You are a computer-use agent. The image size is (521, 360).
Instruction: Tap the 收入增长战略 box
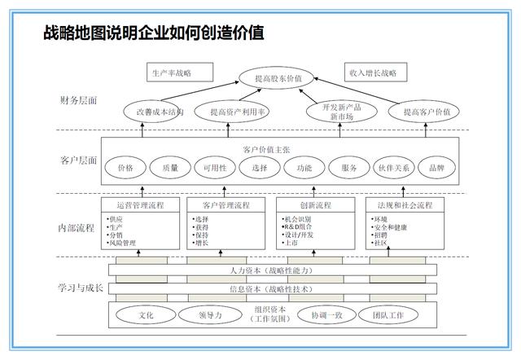point(374,72)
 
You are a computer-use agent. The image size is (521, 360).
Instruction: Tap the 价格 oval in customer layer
point(125,168)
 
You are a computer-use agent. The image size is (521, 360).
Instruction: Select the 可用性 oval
point(215,168)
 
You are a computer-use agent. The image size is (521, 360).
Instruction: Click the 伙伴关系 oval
point(393,168)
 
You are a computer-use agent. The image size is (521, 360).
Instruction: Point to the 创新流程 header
point(313,204)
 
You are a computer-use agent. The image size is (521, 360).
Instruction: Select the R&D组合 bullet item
point(300,226)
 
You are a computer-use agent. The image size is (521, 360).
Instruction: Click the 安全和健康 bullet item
point(389,226)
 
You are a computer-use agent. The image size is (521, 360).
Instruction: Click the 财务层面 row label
point(78,100)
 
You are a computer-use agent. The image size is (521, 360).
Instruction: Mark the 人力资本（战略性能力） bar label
point(268,270)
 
